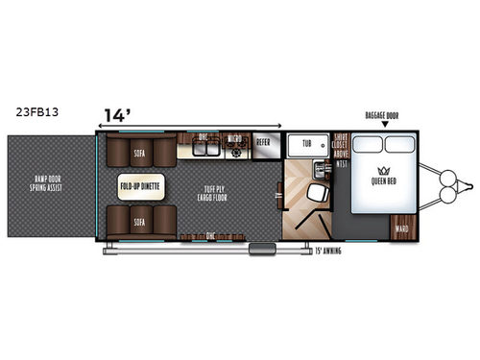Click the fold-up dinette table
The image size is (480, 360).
coord(140,183)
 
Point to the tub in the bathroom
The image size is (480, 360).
coord(306,143)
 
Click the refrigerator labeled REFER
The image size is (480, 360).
coord(263,143)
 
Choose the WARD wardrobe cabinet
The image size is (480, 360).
coord(400,228)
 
